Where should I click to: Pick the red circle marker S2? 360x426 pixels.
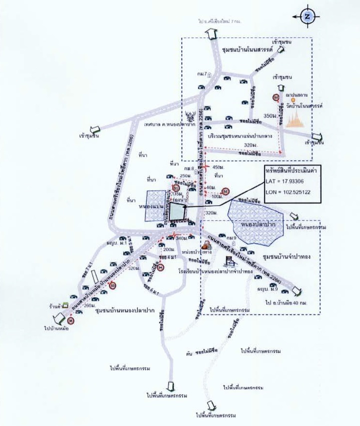(226, 191)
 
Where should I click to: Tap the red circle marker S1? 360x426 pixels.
(175, 188)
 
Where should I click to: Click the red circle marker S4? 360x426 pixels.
(161, 267)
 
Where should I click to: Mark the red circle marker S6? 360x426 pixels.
(71, 321)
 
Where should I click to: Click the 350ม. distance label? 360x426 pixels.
(270, 116)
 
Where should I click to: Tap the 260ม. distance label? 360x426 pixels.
(89, 305)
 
